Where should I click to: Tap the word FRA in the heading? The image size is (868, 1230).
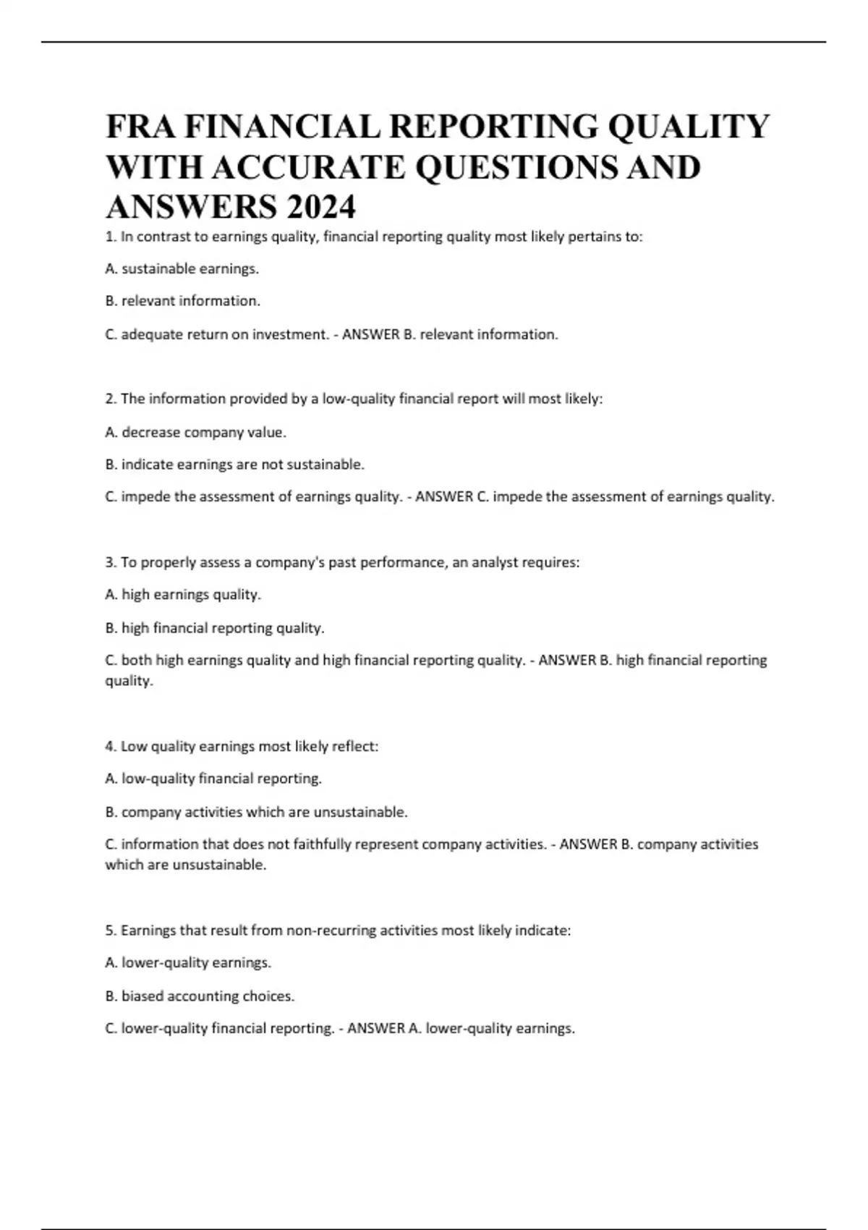(x=140, y=127)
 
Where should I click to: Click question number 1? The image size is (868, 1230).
(x=110, y=237)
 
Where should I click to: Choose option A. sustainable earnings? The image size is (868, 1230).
(x=182, y=269)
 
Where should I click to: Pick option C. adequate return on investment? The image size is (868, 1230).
(x=217, y=334)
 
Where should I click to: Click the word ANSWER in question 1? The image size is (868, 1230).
(x=370, y=334)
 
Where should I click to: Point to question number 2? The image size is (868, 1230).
(x=111, y=399)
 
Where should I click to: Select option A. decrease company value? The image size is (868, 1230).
(x=195, y=432)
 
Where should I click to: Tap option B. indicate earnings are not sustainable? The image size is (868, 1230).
(x=234, y=465)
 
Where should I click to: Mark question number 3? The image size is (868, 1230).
(x=111, y=562)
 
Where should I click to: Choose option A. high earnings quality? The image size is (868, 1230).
(x=182, y=595)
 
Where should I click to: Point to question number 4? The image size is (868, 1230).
(x=111, y=746)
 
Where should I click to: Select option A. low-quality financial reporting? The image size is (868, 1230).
(x=213, y=779)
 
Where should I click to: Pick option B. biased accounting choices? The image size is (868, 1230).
(x=200, y=996)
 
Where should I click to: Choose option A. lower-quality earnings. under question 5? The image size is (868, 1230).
(x=188, y=963)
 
